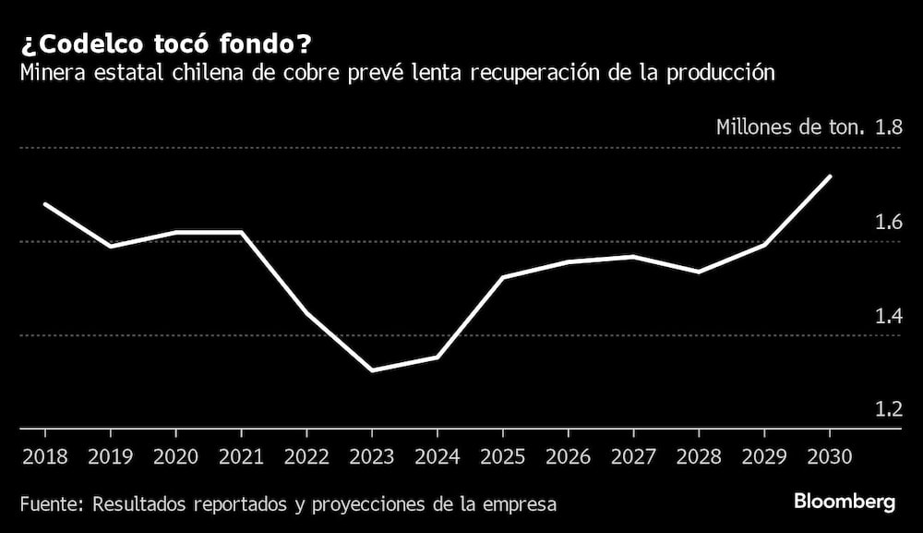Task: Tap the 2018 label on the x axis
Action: pos(44,456)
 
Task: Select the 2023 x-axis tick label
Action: pos(371,456)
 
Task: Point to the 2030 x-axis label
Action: pos(830,456)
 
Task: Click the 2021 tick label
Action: pos(241,456)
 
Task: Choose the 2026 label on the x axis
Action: pos(568,456)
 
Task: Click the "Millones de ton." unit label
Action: pos(790,127)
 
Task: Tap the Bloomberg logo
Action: pos(845,503)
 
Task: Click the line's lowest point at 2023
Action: pos(371,370)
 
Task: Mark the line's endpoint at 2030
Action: pos(831,176)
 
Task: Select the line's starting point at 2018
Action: pos(44,203)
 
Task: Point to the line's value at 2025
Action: pos(503,277)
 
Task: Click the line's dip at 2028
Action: pos(699,272)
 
